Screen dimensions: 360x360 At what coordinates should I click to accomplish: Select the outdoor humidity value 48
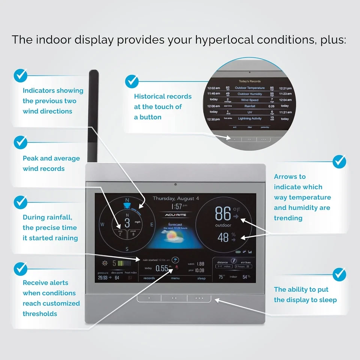coord(223,237)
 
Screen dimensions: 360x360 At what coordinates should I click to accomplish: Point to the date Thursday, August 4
coord(176,198)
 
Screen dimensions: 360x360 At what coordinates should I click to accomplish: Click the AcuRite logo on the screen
coord(176,215)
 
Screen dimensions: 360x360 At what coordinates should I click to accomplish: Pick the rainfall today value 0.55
coord(162,268)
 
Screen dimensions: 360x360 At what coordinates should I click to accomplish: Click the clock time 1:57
coord(177,206)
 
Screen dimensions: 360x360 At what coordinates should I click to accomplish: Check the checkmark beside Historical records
coord(132,81)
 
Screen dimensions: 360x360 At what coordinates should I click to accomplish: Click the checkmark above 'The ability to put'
coord(339,274)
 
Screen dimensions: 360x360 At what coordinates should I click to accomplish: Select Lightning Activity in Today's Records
coord(250,118)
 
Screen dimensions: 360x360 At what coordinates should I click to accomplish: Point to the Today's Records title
coord(250,81)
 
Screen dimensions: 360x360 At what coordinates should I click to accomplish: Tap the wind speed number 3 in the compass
coord(127,223)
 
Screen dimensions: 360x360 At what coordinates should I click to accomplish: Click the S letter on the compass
coord(127,249)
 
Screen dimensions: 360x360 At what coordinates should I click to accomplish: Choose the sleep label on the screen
coord(201,278)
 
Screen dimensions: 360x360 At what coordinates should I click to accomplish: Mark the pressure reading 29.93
coord(102,278)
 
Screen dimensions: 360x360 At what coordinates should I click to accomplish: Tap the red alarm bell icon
coord(176,267)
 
